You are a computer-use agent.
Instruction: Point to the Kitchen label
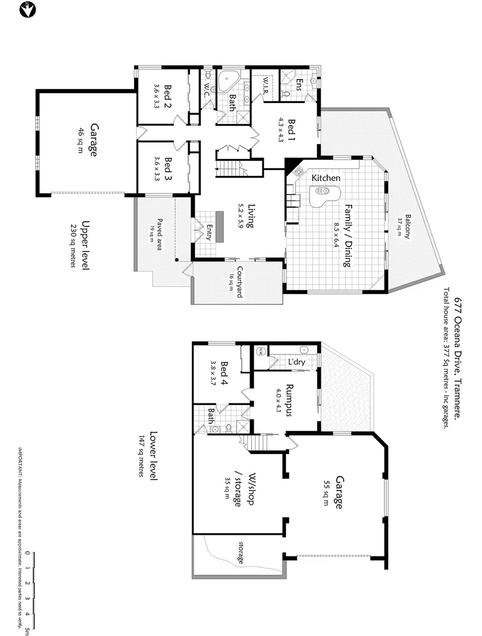(326, 178)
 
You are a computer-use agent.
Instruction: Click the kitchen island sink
(323, 191)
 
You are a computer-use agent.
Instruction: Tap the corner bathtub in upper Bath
(228, 83)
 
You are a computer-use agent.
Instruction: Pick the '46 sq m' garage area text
(81, 141)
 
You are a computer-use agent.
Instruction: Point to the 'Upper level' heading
(85, 244)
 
